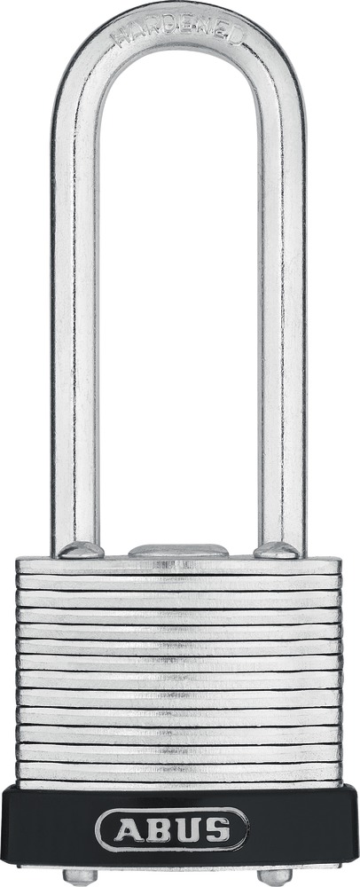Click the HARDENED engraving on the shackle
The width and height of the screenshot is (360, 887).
point(178,34)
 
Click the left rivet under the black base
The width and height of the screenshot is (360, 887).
point(80,877)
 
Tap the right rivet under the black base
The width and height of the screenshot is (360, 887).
point(275,877)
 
